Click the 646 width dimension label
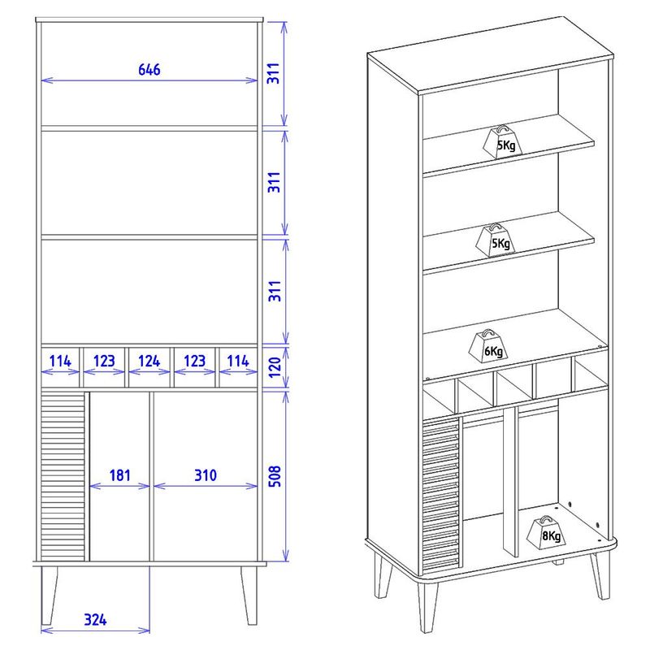(149, 70)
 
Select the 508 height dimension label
(275, 476)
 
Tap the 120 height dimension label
(275, 367)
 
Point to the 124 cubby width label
(149, 361)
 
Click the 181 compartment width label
(119, 475)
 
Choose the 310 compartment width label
(206, 475)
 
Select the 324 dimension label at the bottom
(95, 620)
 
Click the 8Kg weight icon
(546, 533)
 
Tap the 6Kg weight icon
(488, 347)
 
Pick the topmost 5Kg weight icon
(502, 142)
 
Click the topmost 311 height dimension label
(274, 74)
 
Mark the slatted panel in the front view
(63, 476)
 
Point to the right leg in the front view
(249, 596)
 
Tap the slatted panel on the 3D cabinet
(441, 493)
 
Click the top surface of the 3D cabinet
(491, 54)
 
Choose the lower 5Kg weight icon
(496, 240)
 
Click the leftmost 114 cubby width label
(60, 361)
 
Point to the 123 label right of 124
(194, 361)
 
